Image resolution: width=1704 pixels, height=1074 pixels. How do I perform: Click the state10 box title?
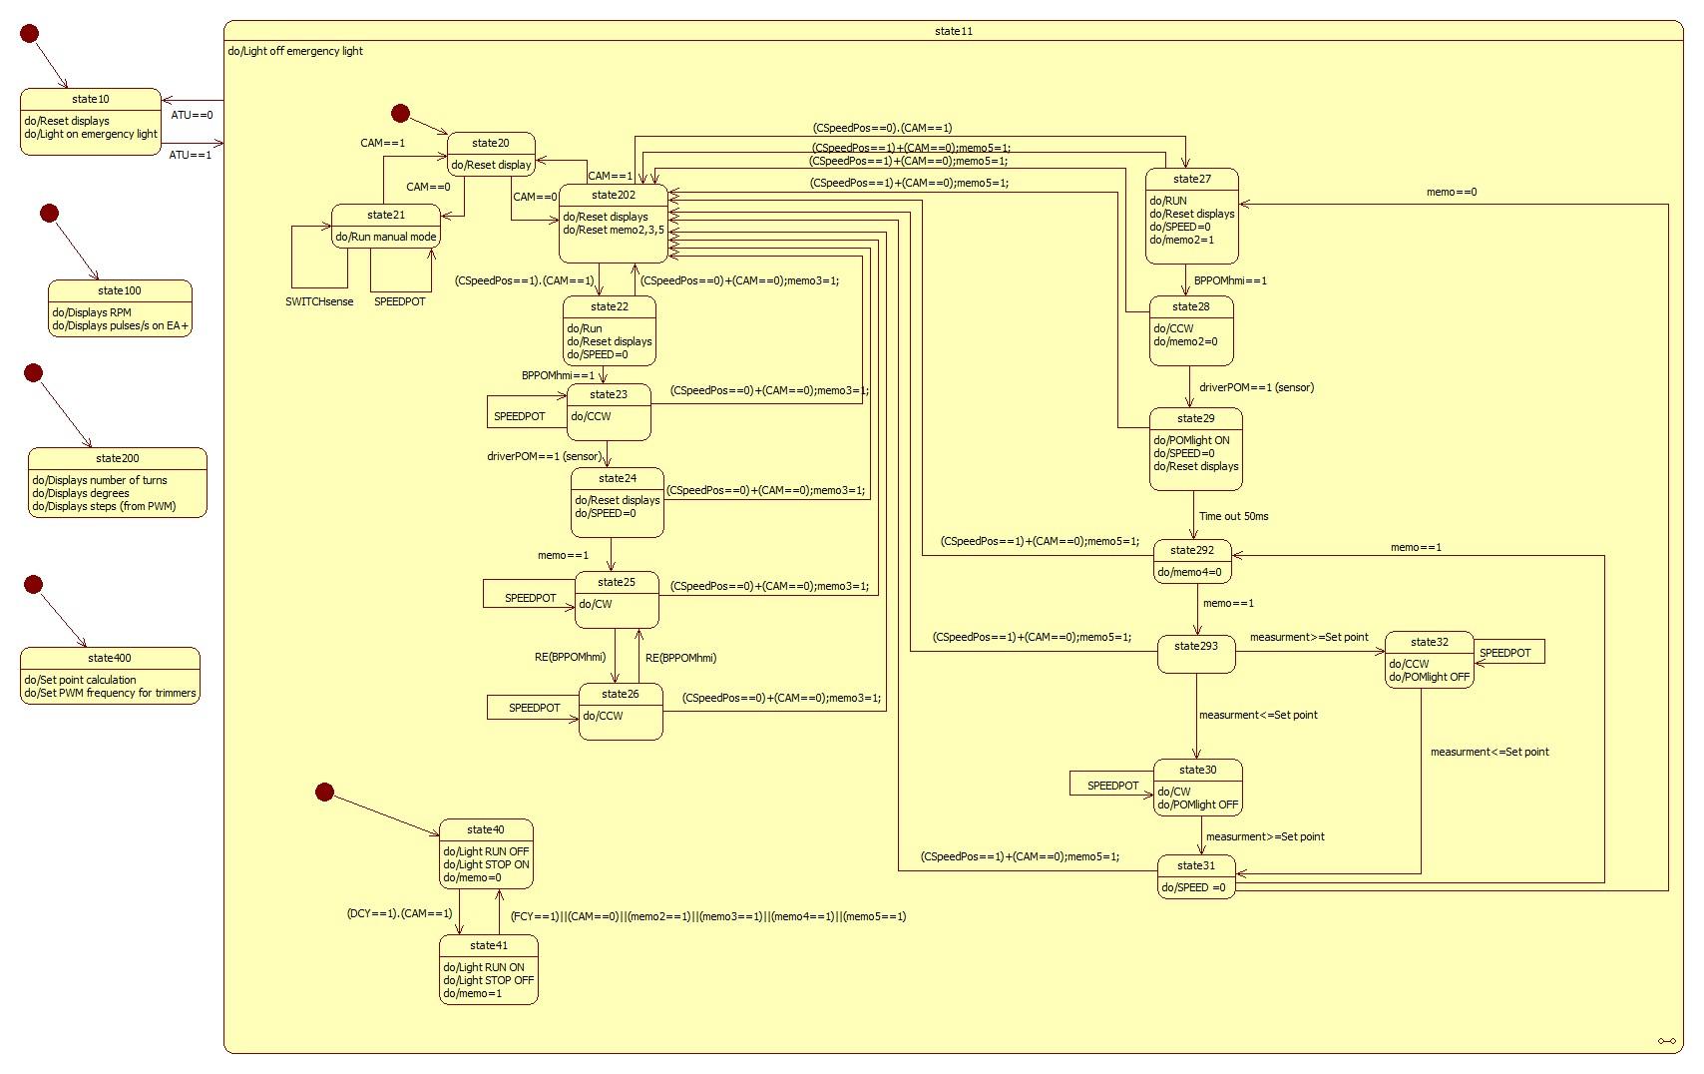click(x=91, y=99)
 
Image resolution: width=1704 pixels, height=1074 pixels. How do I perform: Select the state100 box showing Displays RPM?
click(x=120, y=308)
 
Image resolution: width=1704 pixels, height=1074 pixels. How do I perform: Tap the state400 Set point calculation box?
click(x=110, y=676)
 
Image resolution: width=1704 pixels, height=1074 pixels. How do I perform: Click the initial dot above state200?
click(x=33, y=372)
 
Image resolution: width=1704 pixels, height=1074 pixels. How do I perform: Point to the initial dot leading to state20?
click(x=400, y=113)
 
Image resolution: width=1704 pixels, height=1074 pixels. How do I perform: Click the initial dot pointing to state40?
click(x=324, y=792)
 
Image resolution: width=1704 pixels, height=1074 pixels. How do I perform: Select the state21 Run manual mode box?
click(x=385, y=226)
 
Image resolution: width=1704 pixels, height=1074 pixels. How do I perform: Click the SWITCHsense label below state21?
click(x=319, y=301)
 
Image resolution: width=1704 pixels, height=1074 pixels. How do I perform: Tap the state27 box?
click(x=1191, y=216)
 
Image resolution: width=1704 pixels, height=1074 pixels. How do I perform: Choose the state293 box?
click(x=1196, y=654)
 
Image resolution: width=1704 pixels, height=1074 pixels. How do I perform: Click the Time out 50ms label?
click(x=1233, y=516)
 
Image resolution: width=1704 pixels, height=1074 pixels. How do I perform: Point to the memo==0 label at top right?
click(x=1451, y=192)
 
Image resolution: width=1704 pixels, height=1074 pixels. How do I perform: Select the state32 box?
click(x=1429, y=660)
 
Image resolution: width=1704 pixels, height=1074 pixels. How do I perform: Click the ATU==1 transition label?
click(x=191, y=155)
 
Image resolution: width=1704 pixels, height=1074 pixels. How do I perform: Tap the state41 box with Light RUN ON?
click(x=488, y=969)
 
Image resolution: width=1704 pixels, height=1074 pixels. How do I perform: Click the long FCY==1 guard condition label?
click(x=707, y=916)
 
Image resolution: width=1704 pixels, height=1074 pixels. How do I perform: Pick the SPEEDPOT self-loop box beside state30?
click(x=1111, y=785)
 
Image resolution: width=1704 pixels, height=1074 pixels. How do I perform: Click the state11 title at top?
click(x=953, y=31)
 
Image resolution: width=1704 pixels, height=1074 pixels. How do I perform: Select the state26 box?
click(x=620, y=712)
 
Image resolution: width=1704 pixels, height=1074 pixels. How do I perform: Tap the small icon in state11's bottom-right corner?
click(x=1666, y=1041)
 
